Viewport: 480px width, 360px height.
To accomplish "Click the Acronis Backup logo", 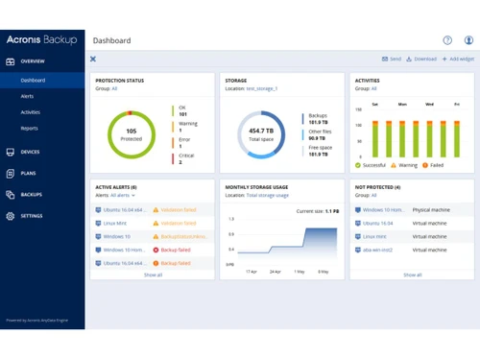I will tap(42, 40).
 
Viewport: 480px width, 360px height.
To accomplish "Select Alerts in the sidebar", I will tap(29, 96).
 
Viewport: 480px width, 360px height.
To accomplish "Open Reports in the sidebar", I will tap(30, 128).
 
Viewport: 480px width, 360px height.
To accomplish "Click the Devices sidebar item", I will tap(30, 152).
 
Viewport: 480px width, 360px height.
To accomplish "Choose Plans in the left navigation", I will tap(28, 173).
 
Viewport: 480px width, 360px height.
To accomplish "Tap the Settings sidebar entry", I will tap(32, 216).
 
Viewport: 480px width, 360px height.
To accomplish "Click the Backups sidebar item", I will tap(31, 194).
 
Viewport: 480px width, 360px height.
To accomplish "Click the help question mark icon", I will tap(447, 40).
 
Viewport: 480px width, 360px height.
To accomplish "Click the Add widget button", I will tap(458, 59).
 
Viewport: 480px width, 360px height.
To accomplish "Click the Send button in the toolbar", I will tap(392, 59).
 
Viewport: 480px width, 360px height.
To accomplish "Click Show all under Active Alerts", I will tap(153, 275).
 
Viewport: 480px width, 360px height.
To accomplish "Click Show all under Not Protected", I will tap(412, 275).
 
